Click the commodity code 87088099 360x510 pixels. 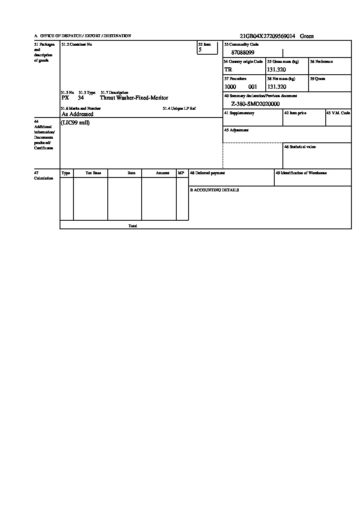pos(243,53)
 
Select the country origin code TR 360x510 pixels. pos(228,70)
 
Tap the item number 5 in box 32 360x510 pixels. pos(200,50)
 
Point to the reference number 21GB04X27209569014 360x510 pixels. pos(267,36)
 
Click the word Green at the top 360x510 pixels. pos(307,36)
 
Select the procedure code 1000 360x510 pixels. pos(230,87)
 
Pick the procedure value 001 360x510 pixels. pos(253,87)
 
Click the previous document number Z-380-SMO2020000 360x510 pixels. pos(256,104)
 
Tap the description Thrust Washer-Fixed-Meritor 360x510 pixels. pos(134,98)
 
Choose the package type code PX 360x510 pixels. pos(65,98)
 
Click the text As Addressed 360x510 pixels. pos(78,114)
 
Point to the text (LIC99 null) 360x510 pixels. pos(75,123)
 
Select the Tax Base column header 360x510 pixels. pos(93,173)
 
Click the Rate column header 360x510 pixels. pos(131,173)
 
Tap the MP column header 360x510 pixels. pos(181,173)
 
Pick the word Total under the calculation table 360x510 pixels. pos(133,226)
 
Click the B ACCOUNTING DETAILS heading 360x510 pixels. pos(214,190)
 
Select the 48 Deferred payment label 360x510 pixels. pos(207,173)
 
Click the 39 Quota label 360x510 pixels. pos(317,79)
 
